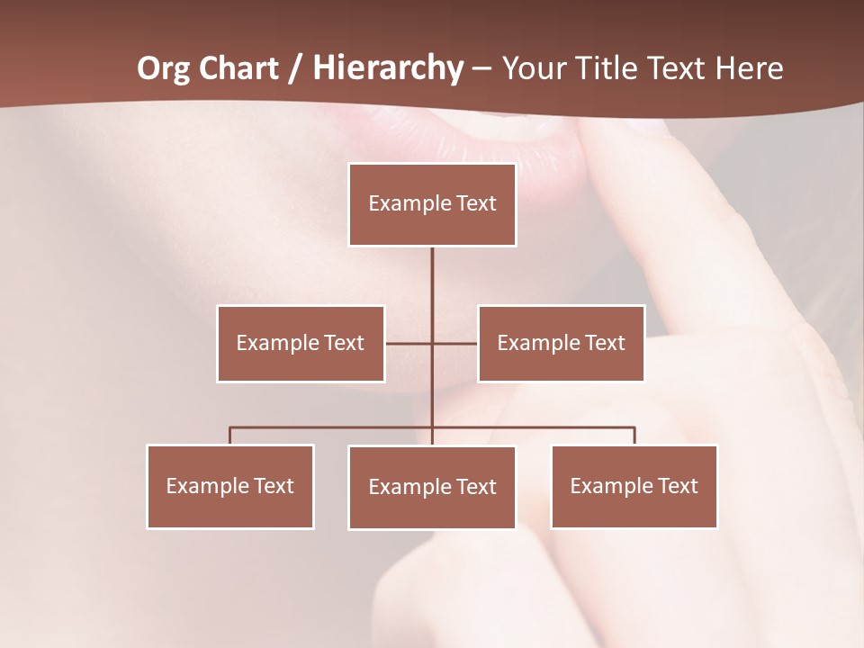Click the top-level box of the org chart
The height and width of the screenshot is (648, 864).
(432, 204)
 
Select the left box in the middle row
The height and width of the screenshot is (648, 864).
(301, 344)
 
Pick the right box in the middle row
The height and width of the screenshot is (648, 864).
(561, 344)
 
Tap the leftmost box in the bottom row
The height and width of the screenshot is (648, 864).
(230, 487)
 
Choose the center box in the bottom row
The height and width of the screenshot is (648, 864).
(432, 488)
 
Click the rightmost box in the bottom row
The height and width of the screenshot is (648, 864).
(634, 487)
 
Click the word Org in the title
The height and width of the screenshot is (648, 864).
(163, 68)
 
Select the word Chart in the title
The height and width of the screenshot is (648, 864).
(238, 68)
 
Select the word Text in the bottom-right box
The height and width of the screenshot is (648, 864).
(677, 487)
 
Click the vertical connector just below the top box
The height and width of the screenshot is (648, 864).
(432, 274)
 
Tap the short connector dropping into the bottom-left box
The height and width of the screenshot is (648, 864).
(230, 436)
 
